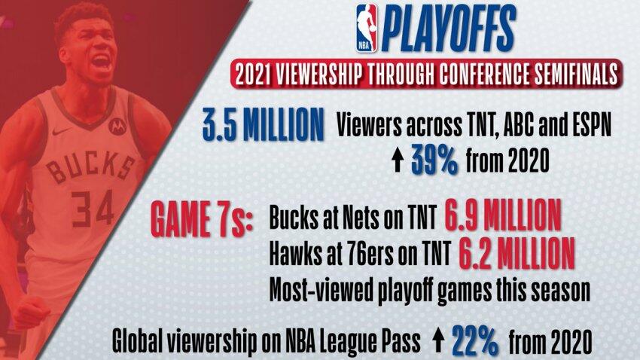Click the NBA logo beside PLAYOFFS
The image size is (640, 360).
[367, 28]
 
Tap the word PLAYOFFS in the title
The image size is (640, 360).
[448, 29]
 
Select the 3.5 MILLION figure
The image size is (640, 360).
[264, 125]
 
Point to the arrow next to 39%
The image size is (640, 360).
[398, 160]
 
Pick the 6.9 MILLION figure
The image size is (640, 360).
[502, 215]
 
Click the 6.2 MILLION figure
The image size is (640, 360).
[517, 253]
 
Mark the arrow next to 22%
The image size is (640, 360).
[438, 341]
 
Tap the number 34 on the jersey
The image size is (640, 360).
[93, 207]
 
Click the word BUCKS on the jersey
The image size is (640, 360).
[90, 166]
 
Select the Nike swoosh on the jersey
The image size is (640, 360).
[62, 132]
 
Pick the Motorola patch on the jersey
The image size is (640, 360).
[117, 125]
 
